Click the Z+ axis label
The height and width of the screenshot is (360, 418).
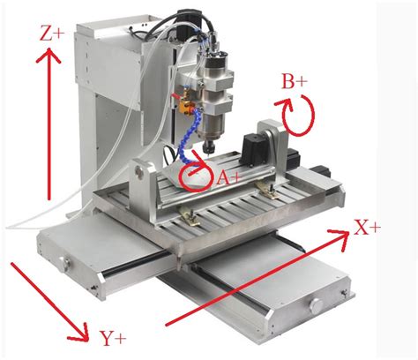click(x=52, y=34)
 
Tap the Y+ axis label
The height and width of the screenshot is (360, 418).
click(x=113, y=338)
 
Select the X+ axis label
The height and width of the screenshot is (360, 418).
click(x=367, y=228)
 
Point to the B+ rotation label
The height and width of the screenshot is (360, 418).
click(x=295, y=81)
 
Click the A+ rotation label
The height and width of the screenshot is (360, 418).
click(x=228, y=178)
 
